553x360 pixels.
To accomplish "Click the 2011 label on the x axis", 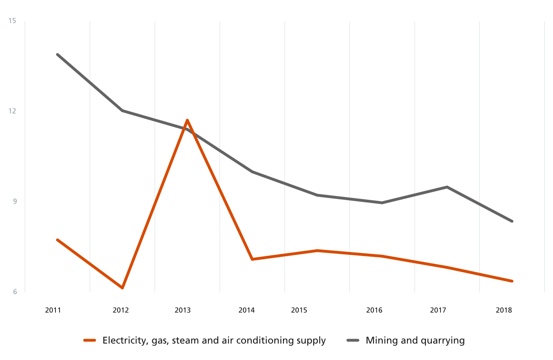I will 53,311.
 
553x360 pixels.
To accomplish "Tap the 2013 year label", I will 183,311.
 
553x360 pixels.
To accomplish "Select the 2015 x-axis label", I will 299,311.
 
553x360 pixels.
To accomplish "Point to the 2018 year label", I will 504,311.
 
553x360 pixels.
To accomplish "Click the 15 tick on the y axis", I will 12,21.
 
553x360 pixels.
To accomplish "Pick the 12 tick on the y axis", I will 12,111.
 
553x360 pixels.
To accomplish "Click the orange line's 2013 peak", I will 187,120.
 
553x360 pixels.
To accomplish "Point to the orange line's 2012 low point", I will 122,288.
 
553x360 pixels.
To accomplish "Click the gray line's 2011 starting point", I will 57,54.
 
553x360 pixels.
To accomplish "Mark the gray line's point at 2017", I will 447,187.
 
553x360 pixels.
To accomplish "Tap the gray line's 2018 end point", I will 512,221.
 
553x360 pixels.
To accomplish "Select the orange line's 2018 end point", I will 512,281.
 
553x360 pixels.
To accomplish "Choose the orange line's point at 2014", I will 252,259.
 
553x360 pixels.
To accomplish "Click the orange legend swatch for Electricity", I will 89,341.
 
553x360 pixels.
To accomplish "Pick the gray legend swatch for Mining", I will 353,341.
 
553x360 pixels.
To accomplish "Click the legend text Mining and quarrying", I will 415,341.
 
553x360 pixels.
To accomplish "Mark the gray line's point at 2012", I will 122,110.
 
